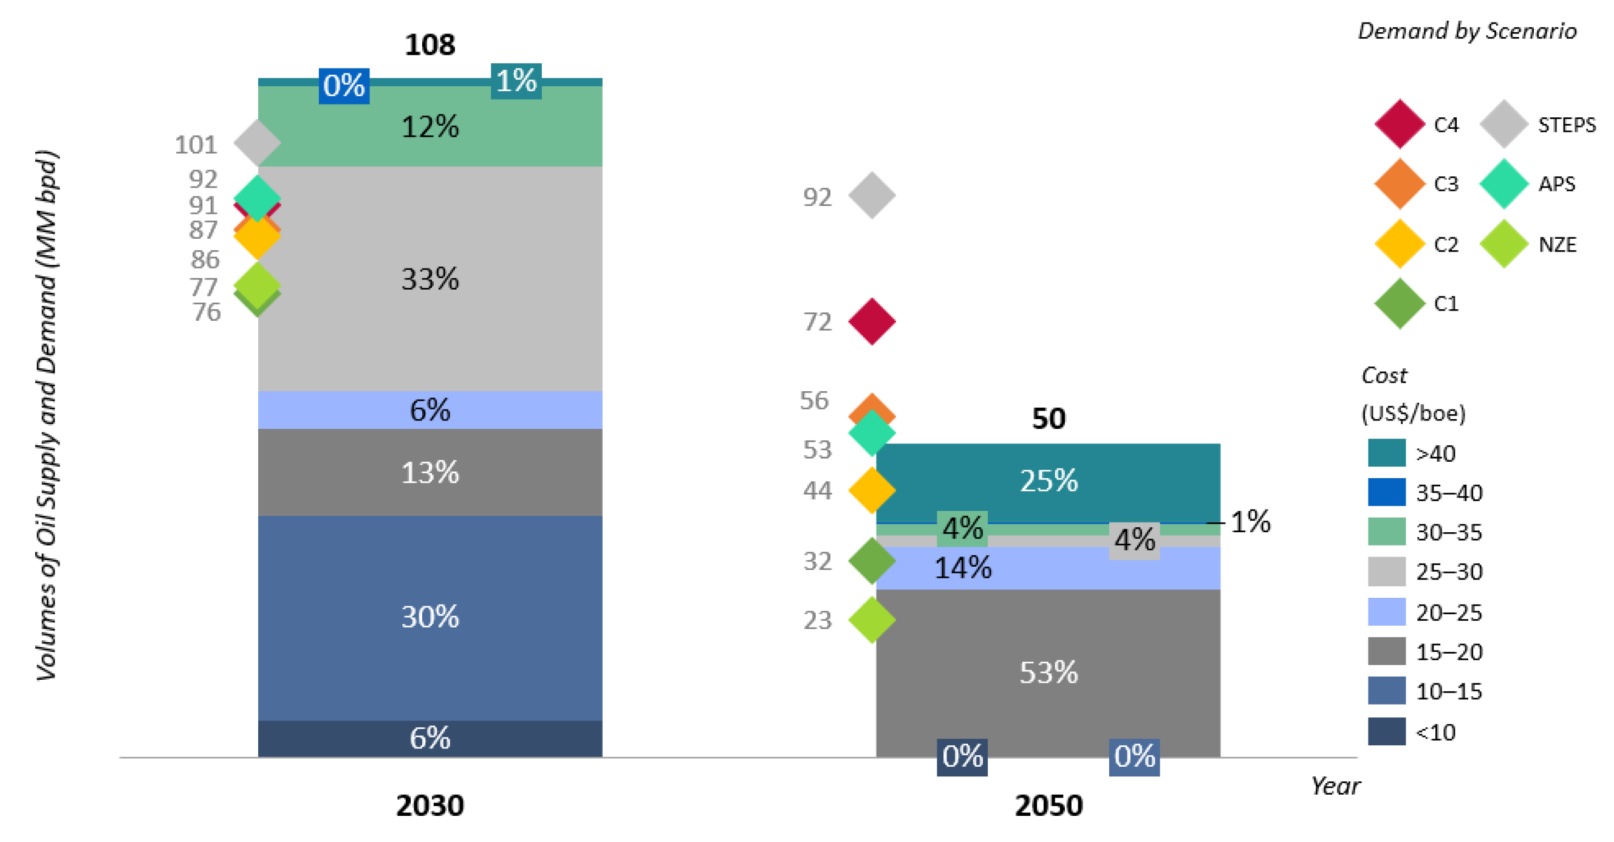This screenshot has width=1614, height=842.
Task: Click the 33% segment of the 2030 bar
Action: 430,278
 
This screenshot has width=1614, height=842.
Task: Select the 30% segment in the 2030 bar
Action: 430,617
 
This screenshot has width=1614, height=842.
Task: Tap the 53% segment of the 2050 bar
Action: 1048,673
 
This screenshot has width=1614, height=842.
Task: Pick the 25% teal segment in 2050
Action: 1048,481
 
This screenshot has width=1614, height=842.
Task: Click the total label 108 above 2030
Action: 430,45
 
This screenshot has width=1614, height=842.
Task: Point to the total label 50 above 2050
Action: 1048,419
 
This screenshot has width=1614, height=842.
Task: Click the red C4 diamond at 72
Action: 872,321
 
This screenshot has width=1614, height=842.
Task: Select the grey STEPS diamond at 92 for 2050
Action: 872,196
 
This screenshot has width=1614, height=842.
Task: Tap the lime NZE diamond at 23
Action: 872,620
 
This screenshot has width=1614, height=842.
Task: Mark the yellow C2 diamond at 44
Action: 872,490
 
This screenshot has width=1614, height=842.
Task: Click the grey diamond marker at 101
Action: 257,143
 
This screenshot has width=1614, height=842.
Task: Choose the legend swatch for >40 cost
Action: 1386,453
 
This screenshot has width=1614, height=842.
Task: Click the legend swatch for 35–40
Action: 1386,493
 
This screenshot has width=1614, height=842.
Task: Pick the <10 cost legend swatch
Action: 1386,731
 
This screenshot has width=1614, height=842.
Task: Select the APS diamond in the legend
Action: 1503,183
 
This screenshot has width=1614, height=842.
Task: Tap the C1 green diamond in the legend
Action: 1399,304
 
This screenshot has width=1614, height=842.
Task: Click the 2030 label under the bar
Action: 430,806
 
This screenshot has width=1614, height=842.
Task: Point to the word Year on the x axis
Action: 1335,786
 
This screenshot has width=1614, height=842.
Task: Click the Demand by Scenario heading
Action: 1467,31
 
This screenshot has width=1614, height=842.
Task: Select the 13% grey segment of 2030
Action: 430,473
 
